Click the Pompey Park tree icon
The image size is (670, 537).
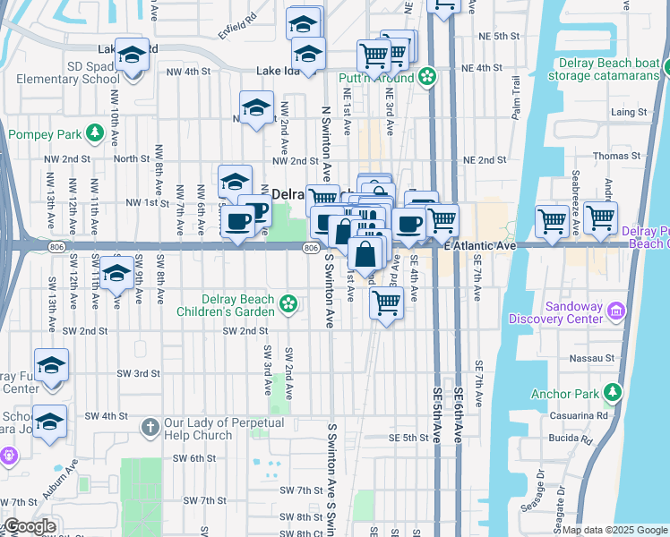point(94,135)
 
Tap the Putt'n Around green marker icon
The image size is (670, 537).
point(427,77)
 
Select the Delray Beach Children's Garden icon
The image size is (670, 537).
point(288,304)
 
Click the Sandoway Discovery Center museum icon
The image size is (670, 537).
point(615,311)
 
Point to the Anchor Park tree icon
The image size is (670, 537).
point(612,392)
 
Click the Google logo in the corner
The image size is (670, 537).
point(30,526)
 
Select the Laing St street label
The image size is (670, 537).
point(629,112)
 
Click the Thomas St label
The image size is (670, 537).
point(623,156)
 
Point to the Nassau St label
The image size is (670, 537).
point(597,358)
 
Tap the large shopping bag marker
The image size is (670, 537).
point(366,254)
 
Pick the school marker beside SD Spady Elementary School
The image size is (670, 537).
point(132,55)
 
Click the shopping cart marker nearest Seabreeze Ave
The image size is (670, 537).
point(600,217)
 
